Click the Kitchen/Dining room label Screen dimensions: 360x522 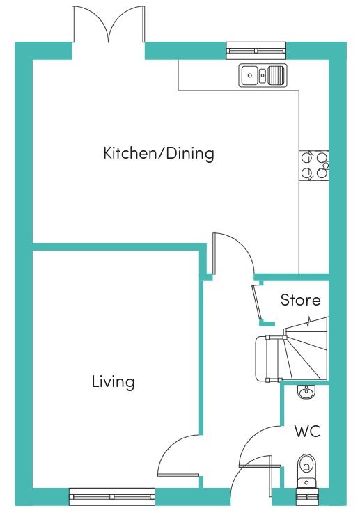point(159,154)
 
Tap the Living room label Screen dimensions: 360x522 point(114,381)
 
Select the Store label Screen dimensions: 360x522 point(300,300)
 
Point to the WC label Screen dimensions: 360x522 point(307,432)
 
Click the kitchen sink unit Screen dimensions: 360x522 point(262,76)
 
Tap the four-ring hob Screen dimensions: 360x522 point(314,166)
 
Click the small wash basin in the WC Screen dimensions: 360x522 point(306,391)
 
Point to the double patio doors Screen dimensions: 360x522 point(108,25)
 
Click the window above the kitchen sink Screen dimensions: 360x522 point(256,51)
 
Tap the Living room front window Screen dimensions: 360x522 point(112,497)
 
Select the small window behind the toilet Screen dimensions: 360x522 point(306,497)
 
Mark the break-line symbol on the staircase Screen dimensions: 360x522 point(309,322)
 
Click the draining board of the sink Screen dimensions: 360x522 point(276,75)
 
